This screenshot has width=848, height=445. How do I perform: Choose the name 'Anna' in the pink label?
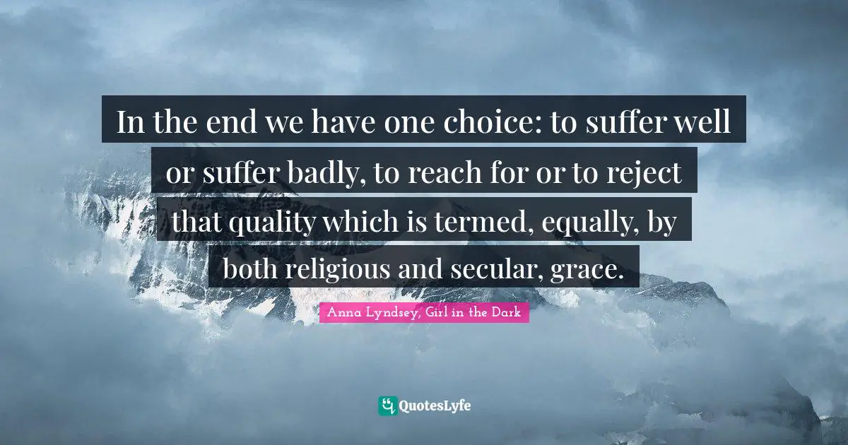pos(339,312)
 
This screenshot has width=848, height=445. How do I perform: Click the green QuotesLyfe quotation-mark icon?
pos(387,405)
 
